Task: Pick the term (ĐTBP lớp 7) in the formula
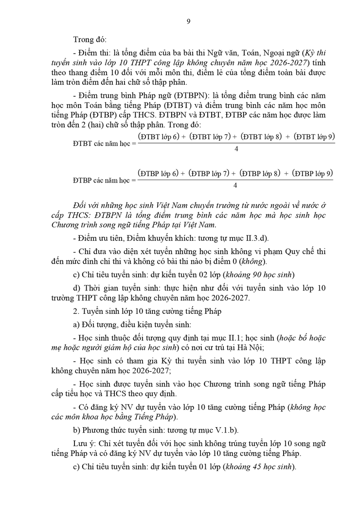tap(209, 173)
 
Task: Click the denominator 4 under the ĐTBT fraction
tap(236, 149)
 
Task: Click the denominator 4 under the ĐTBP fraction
tap(235, 185)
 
